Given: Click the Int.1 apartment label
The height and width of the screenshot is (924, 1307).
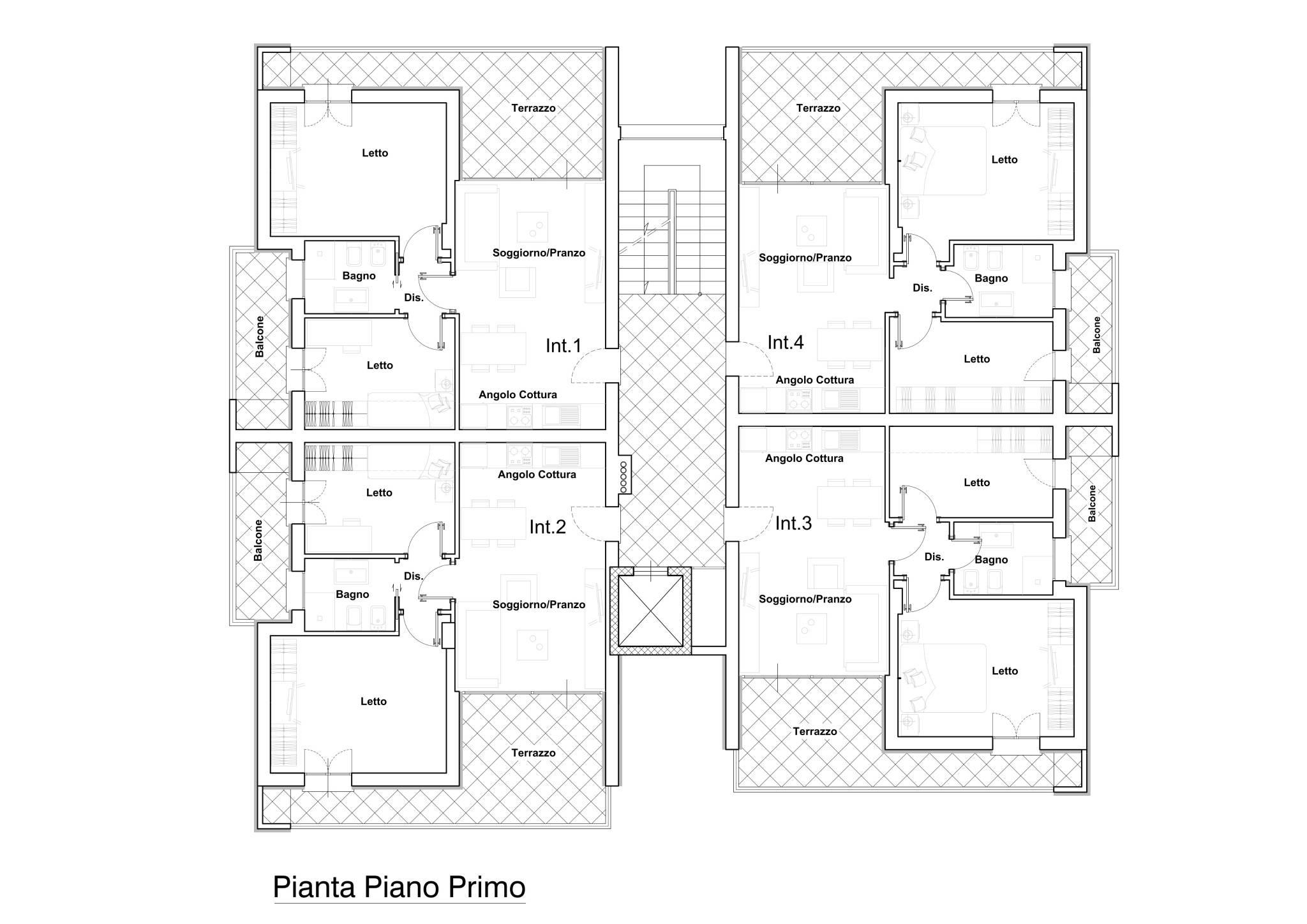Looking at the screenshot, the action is click(x=564, y=346).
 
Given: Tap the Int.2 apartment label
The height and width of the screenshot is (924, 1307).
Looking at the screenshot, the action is click(x=548, y=527).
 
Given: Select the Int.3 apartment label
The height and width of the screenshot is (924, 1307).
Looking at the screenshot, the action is click(x=793, y=524).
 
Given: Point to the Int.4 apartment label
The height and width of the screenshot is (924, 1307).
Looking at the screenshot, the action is click(x=786, y=343).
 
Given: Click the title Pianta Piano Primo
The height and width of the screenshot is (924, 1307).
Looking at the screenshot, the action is click(x=400, y=887).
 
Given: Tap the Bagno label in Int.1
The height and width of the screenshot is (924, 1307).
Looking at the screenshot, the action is click(x=359, y=276).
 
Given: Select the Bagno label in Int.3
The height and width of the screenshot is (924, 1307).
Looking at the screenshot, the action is click(x=991, y=560).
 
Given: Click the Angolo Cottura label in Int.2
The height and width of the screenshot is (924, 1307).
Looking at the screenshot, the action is click(x=537, y=475).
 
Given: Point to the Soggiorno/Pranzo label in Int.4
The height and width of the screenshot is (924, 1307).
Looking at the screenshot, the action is click(x=805, y=258).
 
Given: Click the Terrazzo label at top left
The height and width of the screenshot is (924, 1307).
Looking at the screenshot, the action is click(x=534, y=108).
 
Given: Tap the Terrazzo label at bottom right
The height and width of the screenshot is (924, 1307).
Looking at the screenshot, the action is click(x=815, y=732).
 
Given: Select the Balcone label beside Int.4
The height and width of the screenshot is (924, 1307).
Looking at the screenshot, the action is click(x=1096, y=335).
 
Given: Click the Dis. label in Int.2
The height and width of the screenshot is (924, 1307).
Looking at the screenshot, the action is click(x=414, y=576).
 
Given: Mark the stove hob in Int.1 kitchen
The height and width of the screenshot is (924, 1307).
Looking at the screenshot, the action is click(x=519, y=417).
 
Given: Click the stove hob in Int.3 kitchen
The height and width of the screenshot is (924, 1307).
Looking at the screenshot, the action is click(x=798, y=439).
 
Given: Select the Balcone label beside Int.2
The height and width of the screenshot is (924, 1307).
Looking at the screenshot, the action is click(x=258, y=540).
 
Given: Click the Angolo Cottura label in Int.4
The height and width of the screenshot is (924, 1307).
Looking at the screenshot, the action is click(x=814, y=380).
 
